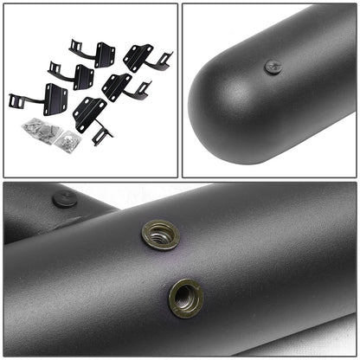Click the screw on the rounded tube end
point(271,66)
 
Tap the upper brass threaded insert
point(160,235)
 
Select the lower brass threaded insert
point(186,297)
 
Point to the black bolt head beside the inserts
point(65,199)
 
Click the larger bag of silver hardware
point(42,131)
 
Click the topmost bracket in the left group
point(94,54)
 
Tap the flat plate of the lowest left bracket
point(55,97)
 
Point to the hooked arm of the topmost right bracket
point(164,61)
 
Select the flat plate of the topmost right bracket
point(136,56)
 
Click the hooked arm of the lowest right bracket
point(101,135)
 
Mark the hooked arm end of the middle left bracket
point(55,68)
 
